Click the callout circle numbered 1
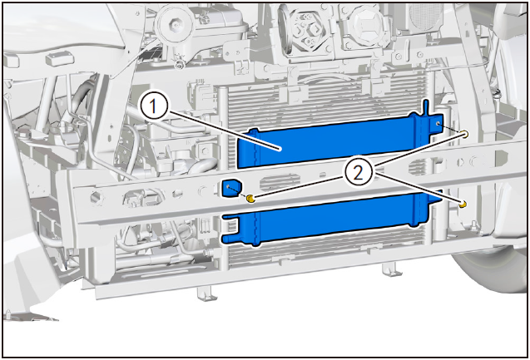point(154,106)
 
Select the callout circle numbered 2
point(359,174)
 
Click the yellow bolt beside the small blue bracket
point(250,198)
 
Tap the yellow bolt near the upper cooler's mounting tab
point(465,134)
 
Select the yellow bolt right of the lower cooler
point(463,204)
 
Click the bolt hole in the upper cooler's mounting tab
point(438,124)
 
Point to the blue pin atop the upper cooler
point(427,107)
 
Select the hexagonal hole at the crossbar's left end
point(97,197)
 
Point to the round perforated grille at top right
point(426,16)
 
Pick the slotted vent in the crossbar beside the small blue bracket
point(280,183)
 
